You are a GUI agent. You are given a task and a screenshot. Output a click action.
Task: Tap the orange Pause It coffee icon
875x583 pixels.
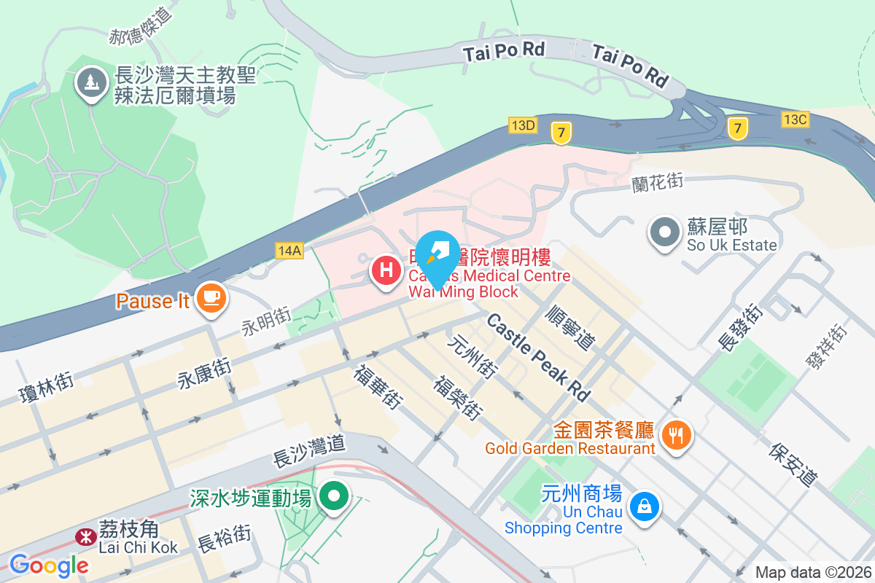211,297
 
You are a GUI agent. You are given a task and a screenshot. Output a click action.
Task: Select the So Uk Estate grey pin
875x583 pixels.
664,233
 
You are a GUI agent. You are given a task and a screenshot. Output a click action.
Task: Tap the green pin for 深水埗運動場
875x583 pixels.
335,497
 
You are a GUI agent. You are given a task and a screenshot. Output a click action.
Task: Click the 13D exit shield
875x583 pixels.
523,125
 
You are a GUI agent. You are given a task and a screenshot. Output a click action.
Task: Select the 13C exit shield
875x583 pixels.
795,119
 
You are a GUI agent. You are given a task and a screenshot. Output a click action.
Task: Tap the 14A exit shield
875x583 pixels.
289,251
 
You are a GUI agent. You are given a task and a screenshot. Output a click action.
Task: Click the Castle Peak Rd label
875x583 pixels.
538,357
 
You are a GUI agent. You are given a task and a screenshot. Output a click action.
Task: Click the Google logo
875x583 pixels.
49,566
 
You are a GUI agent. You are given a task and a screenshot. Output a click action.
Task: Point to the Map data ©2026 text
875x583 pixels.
812,573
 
